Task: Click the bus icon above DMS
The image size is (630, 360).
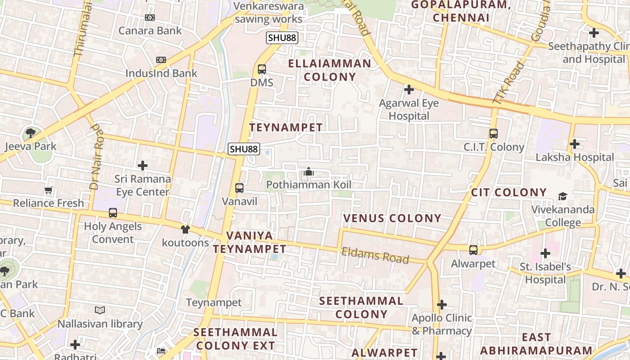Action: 261,69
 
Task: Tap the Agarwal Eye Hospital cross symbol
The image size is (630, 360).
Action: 409,90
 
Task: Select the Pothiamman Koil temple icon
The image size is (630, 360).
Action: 309,171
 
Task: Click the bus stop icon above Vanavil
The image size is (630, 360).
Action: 239,188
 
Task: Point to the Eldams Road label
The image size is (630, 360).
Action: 375,255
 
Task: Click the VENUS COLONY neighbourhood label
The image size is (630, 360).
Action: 392,218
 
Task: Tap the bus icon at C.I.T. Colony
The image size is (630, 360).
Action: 494,134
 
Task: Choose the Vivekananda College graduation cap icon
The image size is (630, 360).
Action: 562,196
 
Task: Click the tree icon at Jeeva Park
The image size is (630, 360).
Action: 31,133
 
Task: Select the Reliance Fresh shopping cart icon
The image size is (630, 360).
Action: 49,190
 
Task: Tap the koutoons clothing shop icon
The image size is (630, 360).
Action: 185,229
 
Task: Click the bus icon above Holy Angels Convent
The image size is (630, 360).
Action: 113,213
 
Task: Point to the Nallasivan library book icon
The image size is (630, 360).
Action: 100,310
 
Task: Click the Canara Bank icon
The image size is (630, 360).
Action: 150,18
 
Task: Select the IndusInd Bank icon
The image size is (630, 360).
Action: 161,60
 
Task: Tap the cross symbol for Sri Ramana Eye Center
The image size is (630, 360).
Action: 143,166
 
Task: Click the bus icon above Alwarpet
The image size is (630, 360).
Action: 473,250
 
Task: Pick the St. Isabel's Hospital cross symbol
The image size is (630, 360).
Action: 545,253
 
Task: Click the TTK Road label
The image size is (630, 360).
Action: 508,83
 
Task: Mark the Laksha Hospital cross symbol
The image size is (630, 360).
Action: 574,144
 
